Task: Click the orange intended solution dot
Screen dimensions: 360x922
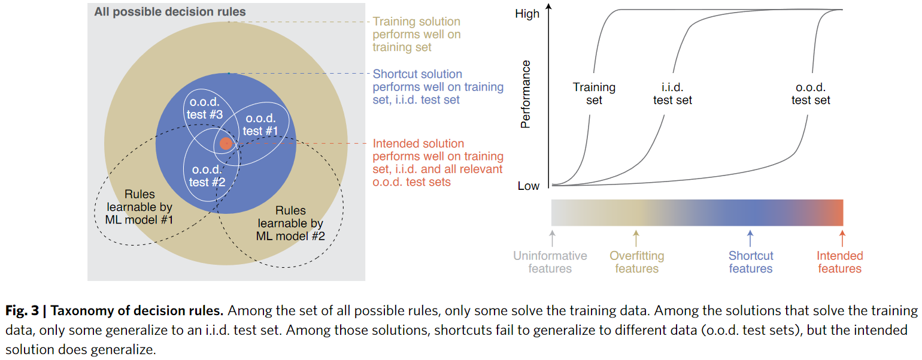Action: point(225,144)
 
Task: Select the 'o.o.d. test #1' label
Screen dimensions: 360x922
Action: point(261,125)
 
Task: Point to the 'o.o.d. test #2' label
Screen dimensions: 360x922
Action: point(207,176)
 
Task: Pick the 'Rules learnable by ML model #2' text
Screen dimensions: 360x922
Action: point(290,223)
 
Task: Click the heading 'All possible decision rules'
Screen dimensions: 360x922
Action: point(170,12)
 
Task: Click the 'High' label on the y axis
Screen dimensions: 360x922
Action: point(527,14)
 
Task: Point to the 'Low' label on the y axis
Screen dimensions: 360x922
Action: point(528,186)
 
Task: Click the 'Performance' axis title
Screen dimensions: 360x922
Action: point(526,94)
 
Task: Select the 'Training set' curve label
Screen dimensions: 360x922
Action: point(594,93)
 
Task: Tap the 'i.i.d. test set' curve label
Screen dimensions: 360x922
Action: point(672,93)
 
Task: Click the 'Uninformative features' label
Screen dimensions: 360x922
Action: point(550,262)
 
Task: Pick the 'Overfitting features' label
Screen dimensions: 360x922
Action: point(637,262)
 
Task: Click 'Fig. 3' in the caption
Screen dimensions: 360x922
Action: point(22,311)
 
